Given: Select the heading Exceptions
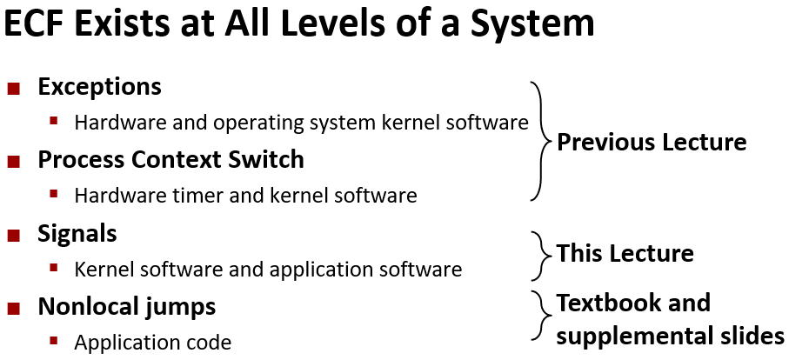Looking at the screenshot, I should coord(99,87).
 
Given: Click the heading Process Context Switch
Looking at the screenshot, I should coord(171,160).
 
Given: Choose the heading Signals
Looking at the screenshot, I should coord(77,233).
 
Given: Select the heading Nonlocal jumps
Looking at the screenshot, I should coord(126,306).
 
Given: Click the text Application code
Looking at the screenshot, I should coord(152,343).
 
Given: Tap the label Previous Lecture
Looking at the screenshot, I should coord(651,142).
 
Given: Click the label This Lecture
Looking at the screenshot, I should coord(625,253).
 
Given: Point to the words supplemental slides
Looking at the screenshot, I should coord(670,335).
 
